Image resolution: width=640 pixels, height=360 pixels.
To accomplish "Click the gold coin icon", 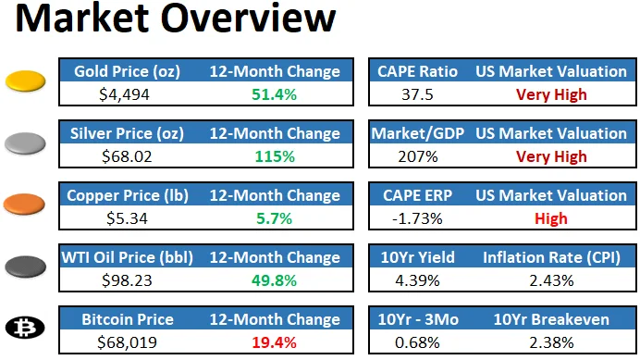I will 26,82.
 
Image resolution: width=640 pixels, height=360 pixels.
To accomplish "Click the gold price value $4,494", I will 124,93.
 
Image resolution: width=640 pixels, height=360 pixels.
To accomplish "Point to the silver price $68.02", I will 124,155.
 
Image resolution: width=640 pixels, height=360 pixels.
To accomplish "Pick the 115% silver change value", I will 275,155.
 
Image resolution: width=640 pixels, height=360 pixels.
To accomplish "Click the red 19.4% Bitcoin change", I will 275,342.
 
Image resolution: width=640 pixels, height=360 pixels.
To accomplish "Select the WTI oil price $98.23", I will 124,279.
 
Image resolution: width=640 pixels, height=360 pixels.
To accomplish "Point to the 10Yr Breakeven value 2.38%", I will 551,342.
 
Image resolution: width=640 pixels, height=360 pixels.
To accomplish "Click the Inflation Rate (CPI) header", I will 551,257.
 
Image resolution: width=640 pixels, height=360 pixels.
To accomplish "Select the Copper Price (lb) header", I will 125,195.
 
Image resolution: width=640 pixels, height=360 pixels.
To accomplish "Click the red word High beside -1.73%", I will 551,217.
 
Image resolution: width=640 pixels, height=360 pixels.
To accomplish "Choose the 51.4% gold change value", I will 275,93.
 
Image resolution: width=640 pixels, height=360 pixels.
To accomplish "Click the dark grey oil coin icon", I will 26,267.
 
